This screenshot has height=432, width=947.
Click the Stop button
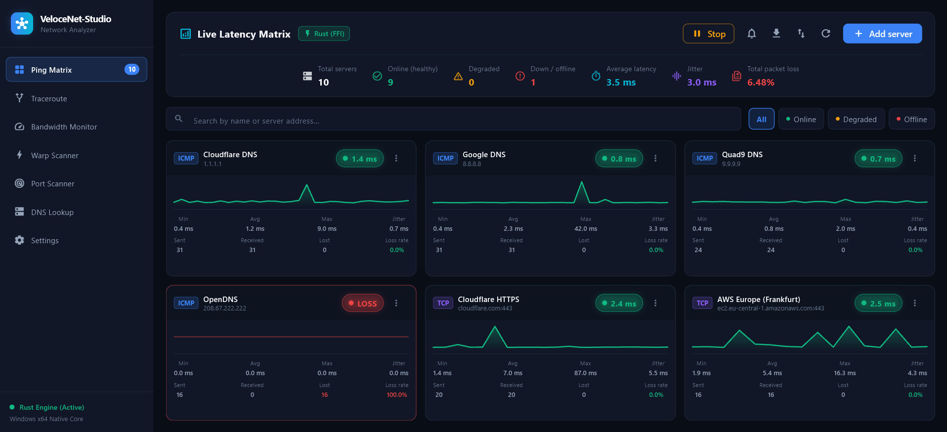708,34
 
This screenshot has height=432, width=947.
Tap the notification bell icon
751,34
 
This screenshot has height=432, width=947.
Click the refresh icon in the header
825,34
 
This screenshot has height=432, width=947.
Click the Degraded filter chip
856,119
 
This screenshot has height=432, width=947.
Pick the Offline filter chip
911,119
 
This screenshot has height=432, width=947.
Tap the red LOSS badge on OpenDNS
363,303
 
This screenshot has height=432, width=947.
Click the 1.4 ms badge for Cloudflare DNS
360,159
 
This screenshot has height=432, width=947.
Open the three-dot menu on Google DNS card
655,158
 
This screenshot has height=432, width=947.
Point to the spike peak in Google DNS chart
582,182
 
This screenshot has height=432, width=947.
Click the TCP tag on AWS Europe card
702,303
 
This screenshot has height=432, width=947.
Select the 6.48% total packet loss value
761,83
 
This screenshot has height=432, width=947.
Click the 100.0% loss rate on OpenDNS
397,395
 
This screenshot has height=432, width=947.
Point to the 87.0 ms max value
585,373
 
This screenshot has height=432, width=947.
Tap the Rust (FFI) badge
324,34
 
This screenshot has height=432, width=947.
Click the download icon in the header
776,34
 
